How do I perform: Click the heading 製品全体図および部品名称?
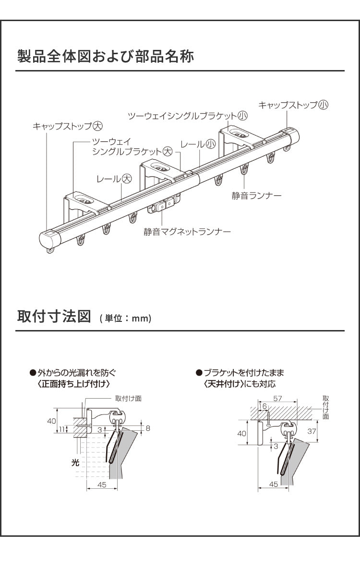click(105, 56)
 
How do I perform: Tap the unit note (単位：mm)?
click(125, 319)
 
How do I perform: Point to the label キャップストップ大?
click(68, 126)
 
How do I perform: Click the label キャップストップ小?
click(293, 105)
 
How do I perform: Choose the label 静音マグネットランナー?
click(187, 232)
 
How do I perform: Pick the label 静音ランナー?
click(256, 195)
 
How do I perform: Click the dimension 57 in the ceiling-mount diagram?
click(277, 399)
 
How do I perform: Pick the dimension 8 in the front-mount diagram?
click(148, 428)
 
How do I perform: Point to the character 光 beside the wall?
click(74, 463)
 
